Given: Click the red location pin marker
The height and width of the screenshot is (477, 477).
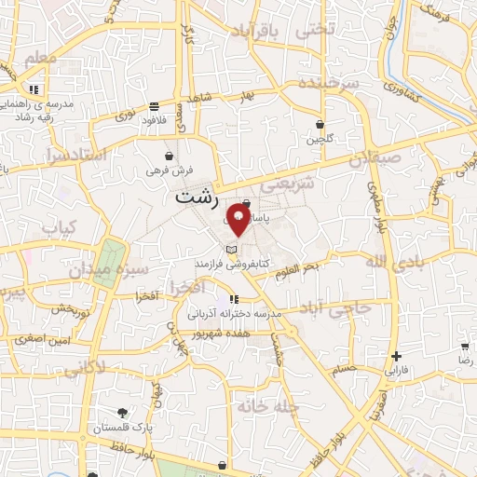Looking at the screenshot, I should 238,223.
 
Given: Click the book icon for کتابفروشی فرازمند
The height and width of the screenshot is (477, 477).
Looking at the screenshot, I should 231,250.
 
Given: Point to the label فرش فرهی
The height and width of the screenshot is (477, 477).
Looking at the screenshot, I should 169,171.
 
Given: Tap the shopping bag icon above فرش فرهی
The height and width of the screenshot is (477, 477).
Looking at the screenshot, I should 169,156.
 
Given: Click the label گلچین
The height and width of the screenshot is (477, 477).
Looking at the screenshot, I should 320,140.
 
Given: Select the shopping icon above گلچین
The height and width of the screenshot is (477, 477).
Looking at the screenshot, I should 320,124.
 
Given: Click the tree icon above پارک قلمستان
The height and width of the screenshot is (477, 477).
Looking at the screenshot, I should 121,413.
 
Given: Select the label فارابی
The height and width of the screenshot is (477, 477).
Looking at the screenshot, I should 397,371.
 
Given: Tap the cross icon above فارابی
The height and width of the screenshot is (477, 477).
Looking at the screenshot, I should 397,356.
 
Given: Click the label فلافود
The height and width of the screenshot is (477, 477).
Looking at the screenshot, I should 155,120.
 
